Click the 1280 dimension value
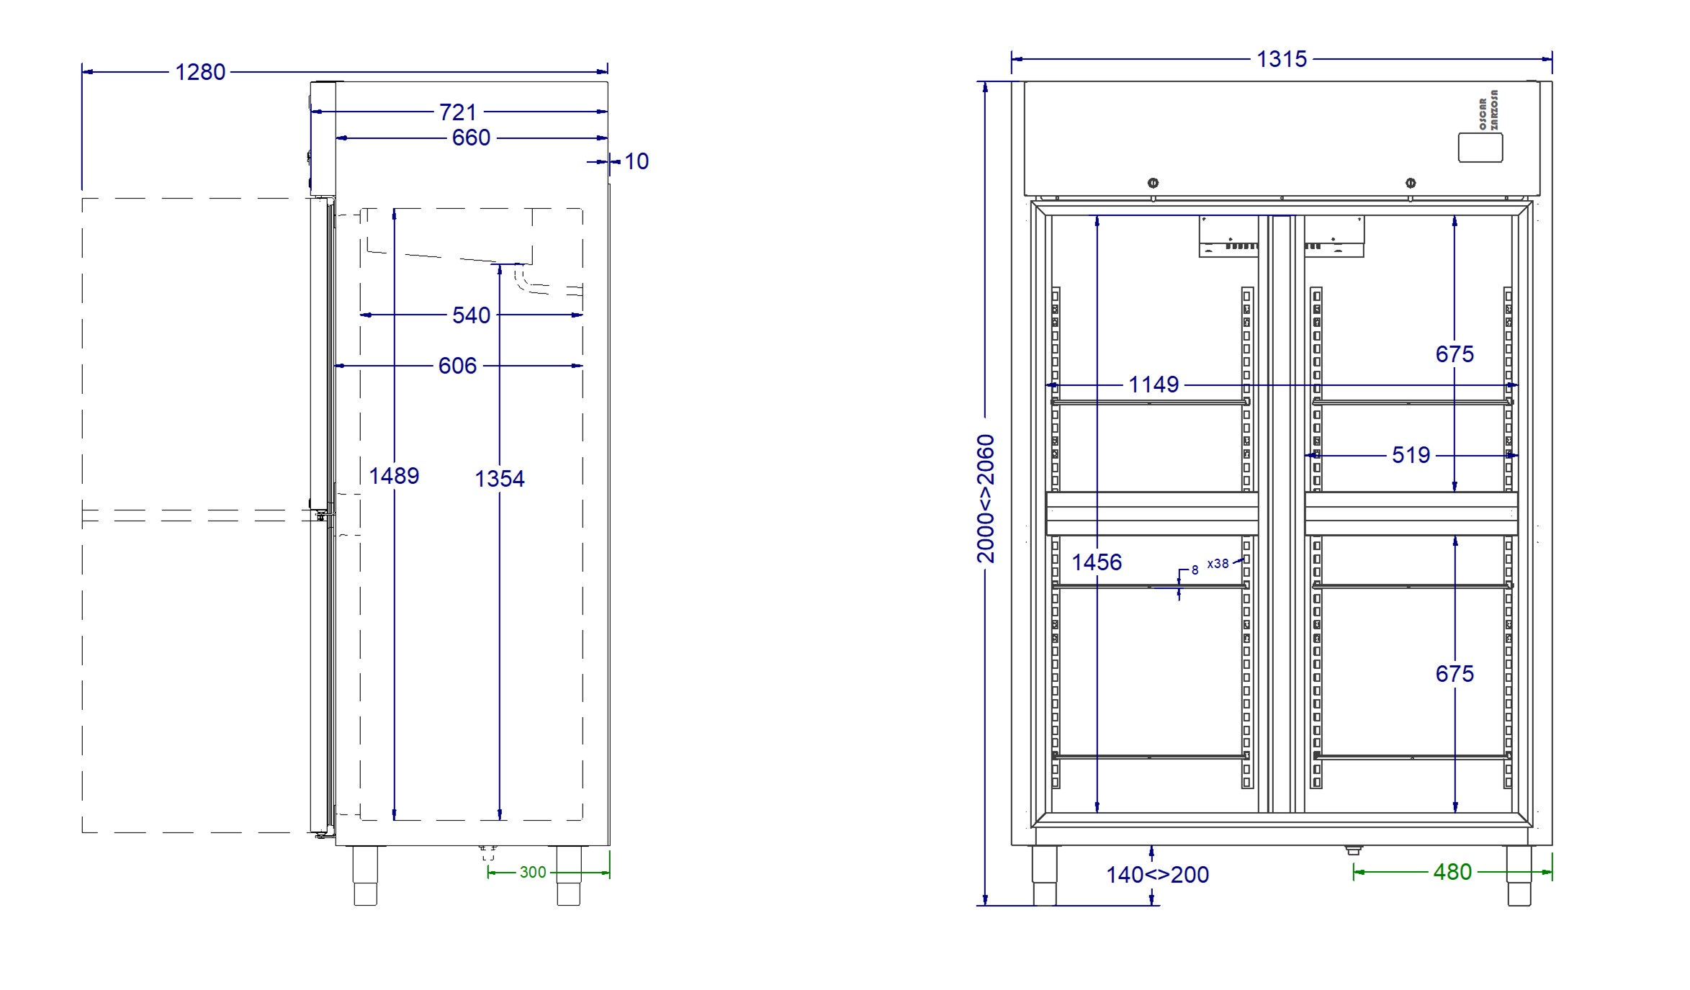coord(200,72)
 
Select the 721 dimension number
coord(458,112)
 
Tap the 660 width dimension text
coord(471,138)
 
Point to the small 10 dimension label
coord(637,161)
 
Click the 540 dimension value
coord(471,315)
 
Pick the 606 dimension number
coord(457,366)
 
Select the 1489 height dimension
coord(394,476)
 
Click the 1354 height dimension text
coord(500,479)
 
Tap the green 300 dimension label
coord(533,873)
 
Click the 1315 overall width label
coord(1282,59)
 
